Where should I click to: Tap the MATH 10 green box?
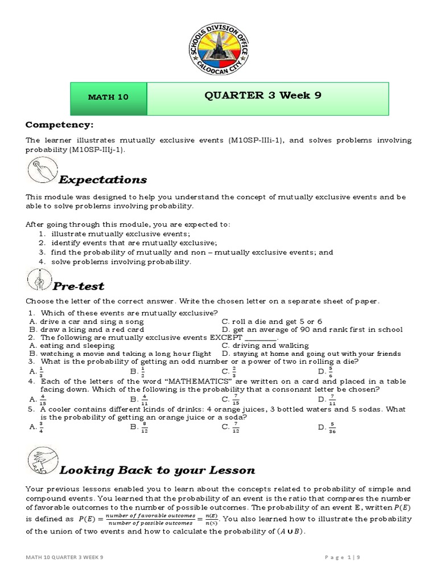tap(109, 97)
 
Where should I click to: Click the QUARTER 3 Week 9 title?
tap(263, 96)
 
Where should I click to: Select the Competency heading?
tap(59, 125)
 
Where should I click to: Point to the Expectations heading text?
tap(103, 180)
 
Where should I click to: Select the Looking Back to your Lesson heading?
tap(157, 470)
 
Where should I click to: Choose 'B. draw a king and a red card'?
tap(85, 330)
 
